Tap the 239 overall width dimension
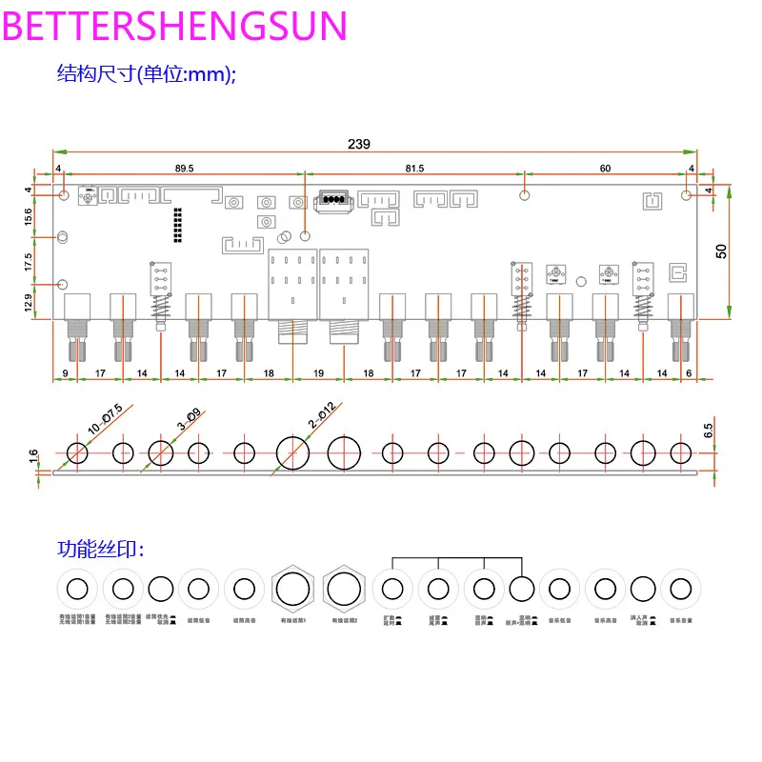click(358, 144)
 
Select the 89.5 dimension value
click(184, 168)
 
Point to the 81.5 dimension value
click(414, 168)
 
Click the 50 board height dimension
click(721, 251)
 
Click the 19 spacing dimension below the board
click(319, 374)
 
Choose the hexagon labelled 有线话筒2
click(344, 589)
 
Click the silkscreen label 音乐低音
click(560, 622)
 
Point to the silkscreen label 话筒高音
click(244, 621)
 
